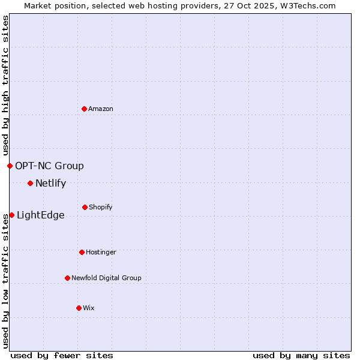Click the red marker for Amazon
click(85, 109)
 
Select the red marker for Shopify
click(85, 207)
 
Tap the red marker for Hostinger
click(82, 252)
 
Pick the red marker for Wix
click(79, 308)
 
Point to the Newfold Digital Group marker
click(67, 278)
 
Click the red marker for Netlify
click(30, 183)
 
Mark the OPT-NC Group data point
click(10, 166)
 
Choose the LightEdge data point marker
click(11, 215)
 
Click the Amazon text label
click(101, 109)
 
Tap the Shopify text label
click(100, 207)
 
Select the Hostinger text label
click(101, 252)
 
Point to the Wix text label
click(89, 308)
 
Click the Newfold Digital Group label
click(106, 278)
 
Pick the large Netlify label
click(50, 184)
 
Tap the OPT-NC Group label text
click(49, 166)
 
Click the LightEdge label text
click(40, 215)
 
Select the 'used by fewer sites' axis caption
click(62, 355)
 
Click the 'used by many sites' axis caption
click(301, 355)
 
